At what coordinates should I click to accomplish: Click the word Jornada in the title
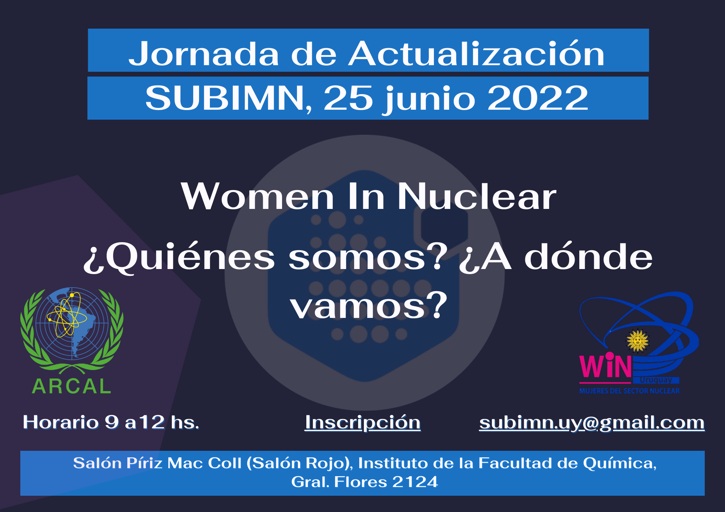point(204,54)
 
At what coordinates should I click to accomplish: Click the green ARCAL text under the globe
point(71,386)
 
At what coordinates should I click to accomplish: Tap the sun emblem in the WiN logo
point(638,340)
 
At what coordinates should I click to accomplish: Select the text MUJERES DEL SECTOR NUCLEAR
point(629,391)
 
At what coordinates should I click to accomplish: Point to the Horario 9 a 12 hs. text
point(111,422)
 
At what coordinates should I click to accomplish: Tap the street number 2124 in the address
point(415,482)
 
